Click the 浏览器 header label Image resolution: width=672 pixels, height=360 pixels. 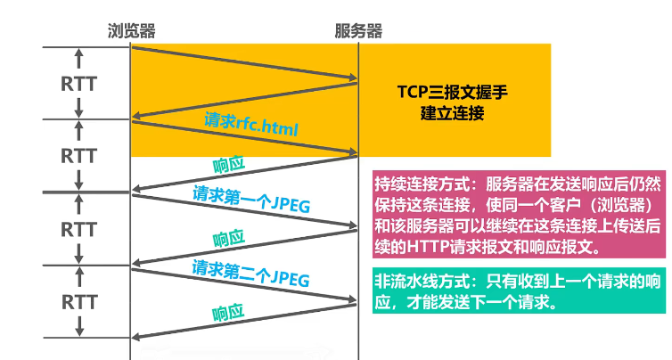[131, 31]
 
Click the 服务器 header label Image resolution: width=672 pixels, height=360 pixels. [358, 31]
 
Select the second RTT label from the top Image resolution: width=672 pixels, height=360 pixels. [79, 155]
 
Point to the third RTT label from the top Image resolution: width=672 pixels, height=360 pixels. [79, 228]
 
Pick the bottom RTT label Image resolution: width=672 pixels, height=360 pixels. [79, 300]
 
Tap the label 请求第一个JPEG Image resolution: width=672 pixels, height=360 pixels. [251, 199]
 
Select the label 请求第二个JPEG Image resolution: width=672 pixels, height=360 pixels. [251, 272]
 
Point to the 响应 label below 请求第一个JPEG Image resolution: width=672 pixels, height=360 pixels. [229, 239]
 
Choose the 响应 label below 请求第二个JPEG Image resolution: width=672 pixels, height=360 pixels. [229, 312]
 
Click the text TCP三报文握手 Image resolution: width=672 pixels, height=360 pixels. [455, 93]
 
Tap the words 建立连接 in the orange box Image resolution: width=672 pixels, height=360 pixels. [455, 115]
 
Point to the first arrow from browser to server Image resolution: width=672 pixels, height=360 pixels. [245, 66]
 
